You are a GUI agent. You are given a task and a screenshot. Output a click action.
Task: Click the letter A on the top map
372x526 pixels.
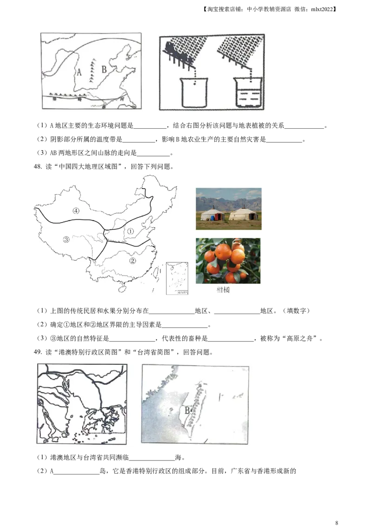click(x=79, y=72)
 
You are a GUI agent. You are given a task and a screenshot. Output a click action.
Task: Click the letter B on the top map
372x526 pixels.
click(x=104, y=70)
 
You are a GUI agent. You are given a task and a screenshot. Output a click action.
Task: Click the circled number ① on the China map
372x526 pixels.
click(x=131, y=230)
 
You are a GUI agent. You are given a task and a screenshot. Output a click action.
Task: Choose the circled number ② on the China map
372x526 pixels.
click(x=133, y=261)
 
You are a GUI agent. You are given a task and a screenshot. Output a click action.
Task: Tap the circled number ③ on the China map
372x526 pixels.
click(x=66, y=239)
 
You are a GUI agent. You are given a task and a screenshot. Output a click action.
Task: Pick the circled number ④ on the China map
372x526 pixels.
click(x=76, y=210)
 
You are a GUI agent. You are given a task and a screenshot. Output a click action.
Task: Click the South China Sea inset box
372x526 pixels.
click(x=177, y=279)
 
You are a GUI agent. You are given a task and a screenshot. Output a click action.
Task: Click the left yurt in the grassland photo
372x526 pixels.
click(x=212, y=215)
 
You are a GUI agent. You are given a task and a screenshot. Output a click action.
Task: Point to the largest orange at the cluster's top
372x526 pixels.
click(x=223, y=251)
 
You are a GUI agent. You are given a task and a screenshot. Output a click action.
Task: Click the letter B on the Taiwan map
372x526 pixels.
click(x=187, y=410)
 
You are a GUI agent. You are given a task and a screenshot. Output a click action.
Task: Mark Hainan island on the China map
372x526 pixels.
click(x=122, y=289)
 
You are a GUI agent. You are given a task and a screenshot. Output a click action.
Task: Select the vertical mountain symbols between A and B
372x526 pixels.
click(x=92, y=71)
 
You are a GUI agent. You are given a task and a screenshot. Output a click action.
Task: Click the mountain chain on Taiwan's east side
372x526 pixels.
click(x=199, y=400)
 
